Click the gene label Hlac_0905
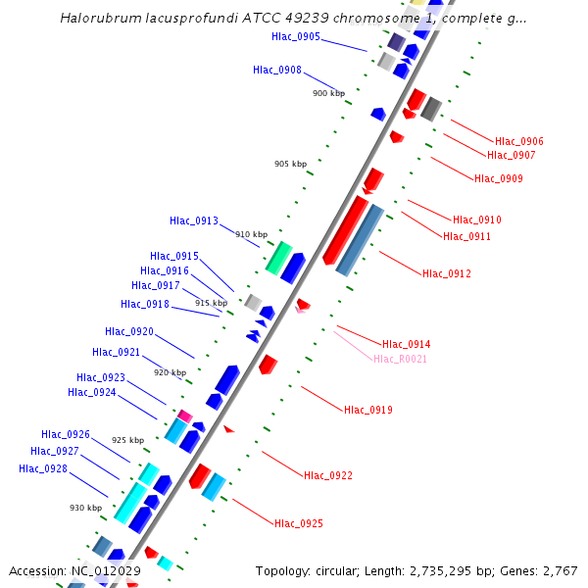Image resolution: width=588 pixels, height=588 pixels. [x=295, y=37]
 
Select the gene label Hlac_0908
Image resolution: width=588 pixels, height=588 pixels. [x=276, y=71]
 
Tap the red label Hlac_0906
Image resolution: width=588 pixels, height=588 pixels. [x=519, y=142]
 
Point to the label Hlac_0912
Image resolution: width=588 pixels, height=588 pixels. [x=447, y=273]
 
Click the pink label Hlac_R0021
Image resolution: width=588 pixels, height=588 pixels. [x=400, y=360]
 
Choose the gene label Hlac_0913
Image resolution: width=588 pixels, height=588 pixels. [x=194, y=221]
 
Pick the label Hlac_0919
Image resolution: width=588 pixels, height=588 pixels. [x=368, y=410]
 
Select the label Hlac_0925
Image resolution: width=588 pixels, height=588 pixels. [x=299, y=524]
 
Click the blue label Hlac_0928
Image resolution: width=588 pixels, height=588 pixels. [x=43, y=468]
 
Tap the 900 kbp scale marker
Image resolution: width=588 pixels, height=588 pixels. [x=328, y=94]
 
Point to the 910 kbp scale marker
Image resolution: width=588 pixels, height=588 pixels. [x=251, y=235]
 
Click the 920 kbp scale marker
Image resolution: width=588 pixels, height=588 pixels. [x=170, y=373]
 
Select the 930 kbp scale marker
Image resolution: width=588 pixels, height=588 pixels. [x=85, y=508]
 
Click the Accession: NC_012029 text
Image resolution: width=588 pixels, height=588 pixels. [x=74, y=571]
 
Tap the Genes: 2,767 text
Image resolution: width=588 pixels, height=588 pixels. [x=542, y=571]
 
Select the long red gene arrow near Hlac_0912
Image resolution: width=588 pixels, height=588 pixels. [x=345, y=231]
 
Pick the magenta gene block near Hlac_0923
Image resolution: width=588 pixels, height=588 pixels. [x=184, y=416]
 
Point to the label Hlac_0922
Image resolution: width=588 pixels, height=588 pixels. [x=328, y=476]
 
